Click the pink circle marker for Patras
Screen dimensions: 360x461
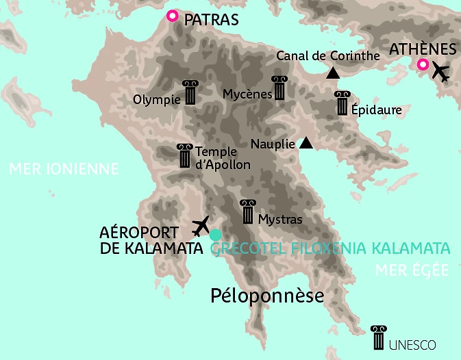172,16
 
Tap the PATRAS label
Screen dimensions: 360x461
212,20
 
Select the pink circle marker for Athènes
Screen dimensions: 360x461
423,66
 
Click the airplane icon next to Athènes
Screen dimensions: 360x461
441,71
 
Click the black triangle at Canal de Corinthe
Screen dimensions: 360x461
333,73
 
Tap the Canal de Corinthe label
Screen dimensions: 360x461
327,56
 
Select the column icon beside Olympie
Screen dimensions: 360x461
190,92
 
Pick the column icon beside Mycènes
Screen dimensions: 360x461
279,88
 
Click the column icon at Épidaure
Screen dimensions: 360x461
342,103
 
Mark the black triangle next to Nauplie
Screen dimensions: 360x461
306,143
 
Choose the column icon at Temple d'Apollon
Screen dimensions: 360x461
184,156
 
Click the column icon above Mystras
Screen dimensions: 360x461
248,212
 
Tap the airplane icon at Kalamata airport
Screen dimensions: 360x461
201,224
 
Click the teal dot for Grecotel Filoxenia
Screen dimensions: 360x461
215,235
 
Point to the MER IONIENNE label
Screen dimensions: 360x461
64,168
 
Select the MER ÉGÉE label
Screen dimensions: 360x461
412,270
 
